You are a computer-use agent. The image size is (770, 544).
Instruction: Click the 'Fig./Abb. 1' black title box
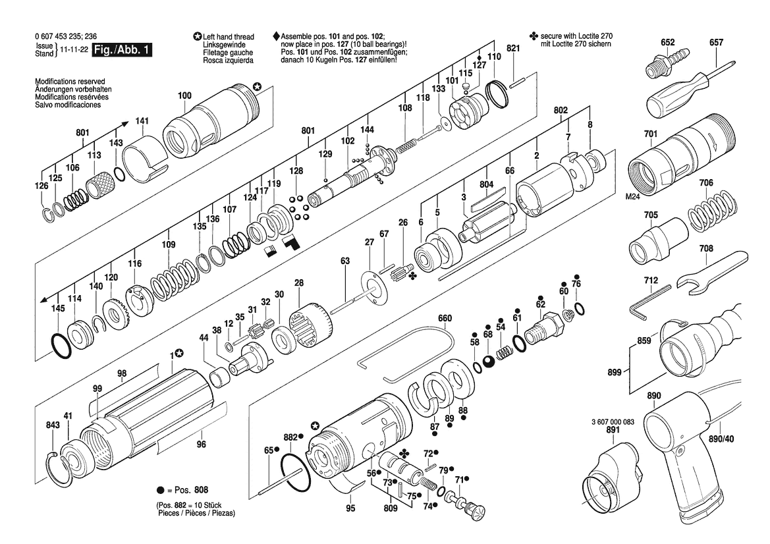(123, 49)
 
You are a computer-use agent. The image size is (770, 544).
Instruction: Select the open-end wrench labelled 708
(711, 274)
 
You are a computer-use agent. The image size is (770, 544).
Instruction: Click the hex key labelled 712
(650, 302)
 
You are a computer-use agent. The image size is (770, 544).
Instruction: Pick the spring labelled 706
(711, 211)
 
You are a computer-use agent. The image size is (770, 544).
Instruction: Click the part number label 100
(184, 95)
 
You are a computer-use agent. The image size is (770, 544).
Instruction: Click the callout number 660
(445, 318)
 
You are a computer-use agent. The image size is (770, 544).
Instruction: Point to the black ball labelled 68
(489, 362)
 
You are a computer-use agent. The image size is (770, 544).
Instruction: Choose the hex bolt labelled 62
(542, 329)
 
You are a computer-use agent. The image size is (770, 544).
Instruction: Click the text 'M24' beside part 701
(634, 196)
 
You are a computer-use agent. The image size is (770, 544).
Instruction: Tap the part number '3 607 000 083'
(613, 422)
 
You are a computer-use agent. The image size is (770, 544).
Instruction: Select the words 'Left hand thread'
(229, 37)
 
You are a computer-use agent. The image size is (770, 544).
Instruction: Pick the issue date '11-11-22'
(74, 49)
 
